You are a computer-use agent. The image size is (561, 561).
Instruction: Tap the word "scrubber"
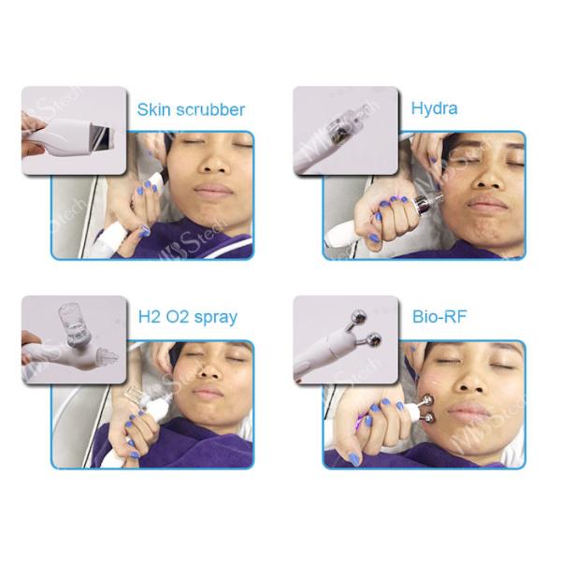210,109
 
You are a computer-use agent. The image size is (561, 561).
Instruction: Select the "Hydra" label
434,108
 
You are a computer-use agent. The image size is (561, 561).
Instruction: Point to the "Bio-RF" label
439,316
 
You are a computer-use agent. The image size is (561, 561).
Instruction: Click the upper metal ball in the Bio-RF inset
358,316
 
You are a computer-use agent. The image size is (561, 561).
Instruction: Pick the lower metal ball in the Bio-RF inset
372,340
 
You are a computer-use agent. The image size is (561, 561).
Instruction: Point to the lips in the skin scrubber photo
213,189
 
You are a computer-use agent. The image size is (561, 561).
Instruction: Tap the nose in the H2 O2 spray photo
210,371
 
